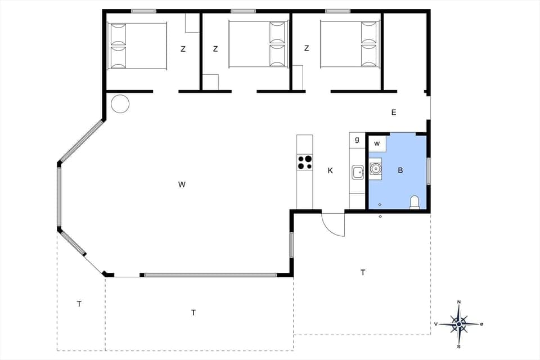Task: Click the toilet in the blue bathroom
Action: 415,202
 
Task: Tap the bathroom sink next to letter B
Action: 375,168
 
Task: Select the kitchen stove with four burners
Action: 304,162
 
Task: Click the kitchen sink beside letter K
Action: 358,172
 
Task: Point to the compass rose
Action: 459,324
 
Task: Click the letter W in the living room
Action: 181,184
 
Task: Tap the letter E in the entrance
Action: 394,112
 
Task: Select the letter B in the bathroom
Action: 400,170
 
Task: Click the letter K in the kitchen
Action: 330,170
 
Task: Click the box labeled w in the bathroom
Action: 377,144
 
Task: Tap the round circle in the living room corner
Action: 120,103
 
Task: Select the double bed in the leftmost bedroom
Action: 138,46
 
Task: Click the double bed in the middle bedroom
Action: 258,44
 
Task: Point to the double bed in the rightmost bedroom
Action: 349,44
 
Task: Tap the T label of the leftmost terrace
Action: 79,304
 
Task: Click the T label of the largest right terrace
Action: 363,272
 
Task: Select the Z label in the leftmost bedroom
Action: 183,49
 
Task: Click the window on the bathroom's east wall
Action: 429,171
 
